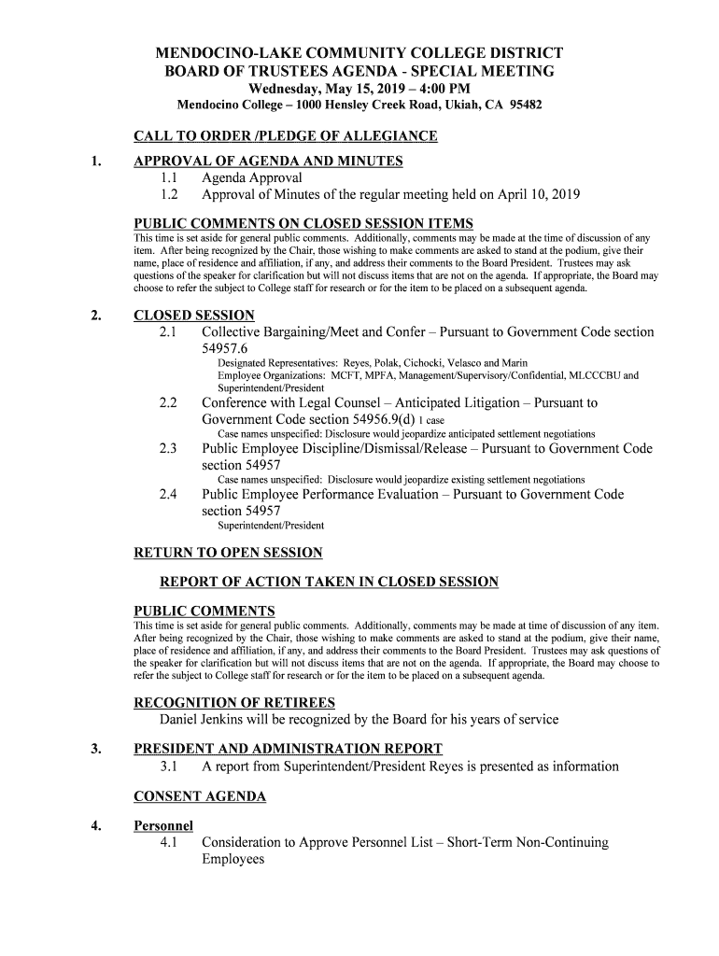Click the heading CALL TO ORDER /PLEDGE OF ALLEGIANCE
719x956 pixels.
click(x=286, y=136)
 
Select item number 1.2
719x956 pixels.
click(x=168, y=195)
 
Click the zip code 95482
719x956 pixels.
click(x=525, y=105)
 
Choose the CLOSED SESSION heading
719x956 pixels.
click(x=194, y=316)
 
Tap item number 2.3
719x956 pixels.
click(x=168, y=449)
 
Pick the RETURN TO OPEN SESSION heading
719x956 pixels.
click(x=229, y=553)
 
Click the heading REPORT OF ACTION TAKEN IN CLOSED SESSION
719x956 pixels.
click(x=330, y=582)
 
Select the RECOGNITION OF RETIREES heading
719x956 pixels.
click(x=234, y=702)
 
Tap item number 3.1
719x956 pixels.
click(x=168, y=766)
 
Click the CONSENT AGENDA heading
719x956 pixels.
click(x=200, y=796)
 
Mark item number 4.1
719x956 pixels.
click(x=168, y=842)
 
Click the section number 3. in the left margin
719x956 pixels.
click(x=97, y=749)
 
